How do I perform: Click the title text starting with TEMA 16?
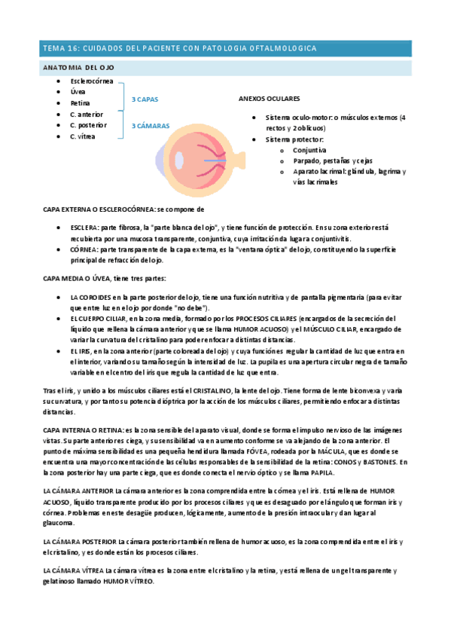point(179,48)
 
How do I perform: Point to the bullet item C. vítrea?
point(84,136)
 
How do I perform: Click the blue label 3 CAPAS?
point(145,99)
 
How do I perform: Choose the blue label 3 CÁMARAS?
point(151,126)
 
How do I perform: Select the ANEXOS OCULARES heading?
point(269,99)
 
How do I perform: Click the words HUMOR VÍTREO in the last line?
point(129,582)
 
